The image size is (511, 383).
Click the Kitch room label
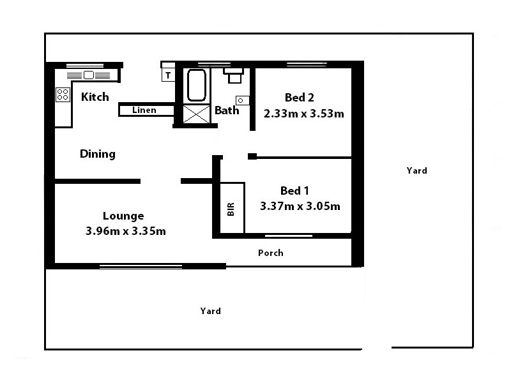click(95, 97)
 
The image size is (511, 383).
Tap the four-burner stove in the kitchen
click(63, 95)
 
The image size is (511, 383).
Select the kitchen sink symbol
click(88, 75)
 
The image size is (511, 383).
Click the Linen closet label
click(144, 110)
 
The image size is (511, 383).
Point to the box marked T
click(168, 75)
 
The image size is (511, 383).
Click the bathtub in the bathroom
click(196, 85)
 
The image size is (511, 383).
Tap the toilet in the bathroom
click(234, 75)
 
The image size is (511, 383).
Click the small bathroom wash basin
click(243, 100)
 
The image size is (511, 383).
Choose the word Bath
click(227, 110)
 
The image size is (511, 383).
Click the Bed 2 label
click(300, 98)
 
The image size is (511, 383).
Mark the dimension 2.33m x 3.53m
click(304, 114)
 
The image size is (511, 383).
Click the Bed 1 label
click(295, 191)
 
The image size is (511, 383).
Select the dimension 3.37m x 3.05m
click(300, 206)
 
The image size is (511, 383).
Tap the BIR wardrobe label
click(231, 209)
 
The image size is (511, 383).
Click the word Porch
click(270, 253)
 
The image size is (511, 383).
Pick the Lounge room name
click(123, 216)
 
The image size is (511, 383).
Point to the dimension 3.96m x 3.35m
click(125, 231)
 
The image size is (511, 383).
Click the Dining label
click(98, 154)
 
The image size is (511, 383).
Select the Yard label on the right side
click(416, 170)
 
